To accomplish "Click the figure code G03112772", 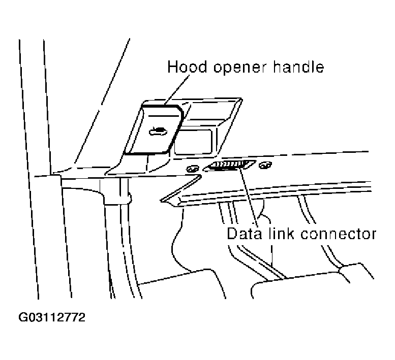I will (52, 318).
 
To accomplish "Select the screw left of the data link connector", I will (193, 169).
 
